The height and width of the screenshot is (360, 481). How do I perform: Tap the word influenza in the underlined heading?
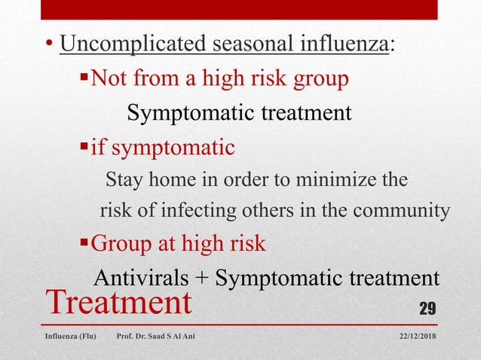click(x=347, y=44)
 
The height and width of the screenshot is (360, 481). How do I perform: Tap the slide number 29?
click(x=428, y=308)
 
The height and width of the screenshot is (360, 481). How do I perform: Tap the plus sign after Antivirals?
click(x=202, y=278)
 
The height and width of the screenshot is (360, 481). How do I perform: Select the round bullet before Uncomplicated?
click(x=48, y=46)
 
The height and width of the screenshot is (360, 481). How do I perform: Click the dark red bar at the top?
click(x=240, y=9)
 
